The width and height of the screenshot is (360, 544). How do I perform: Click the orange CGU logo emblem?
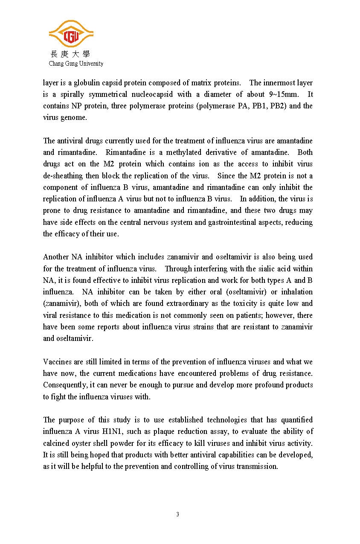click(x=71, y=34)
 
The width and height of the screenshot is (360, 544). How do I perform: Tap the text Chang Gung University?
click(x=76, y=64)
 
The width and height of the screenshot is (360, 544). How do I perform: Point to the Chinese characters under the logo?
click(x=71, y=54)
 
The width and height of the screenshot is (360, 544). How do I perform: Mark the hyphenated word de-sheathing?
click(x=64, y=176)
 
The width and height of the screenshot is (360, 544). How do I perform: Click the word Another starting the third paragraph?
click(x=56, y=257)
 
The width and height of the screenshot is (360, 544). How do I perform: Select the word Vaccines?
click(x=57, y=362)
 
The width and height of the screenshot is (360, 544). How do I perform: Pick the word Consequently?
click(x=63, y=385)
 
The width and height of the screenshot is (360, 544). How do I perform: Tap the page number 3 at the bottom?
click(x=178, y=515)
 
